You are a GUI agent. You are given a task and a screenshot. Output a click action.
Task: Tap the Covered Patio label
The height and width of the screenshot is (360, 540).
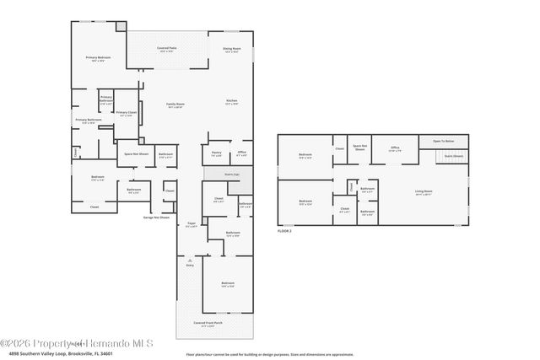click(165, 50)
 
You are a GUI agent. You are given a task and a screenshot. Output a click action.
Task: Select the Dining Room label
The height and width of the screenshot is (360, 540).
click(232, 50)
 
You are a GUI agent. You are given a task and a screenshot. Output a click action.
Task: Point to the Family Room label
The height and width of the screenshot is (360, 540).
click(175, 105)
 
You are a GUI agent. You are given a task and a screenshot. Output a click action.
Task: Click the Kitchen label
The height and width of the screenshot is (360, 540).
click(231, 102)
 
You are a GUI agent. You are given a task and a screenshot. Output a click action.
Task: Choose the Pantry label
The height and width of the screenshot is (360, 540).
click(217, 153)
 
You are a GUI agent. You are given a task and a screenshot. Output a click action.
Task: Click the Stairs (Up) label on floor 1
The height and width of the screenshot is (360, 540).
click(219, 175)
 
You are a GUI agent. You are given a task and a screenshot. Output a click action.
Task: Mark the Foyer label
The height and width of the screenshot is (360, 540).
click(191, 225)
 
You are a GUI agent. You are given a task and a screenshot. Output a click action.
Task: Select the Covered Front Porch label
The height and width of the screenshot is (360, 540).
click(208, 324)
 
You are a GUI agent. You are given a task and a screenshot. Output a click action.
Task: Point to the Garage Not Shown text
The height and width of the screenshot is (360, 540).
click(155, 218)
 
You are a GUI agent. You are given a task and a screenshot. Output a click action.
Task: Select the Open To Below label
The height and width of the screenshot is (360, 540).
click(443, 140)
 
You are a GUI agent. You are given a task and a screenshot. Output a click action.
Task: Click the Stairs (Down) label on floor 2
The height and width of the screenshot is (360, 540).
click(452, 156)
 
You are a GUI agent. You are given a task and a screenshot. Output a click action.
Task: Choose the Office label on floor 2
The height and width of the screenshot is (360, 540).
click(394, 148)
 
